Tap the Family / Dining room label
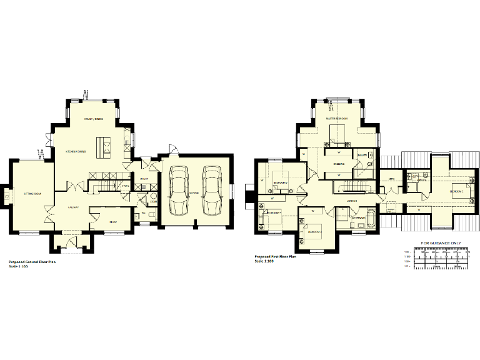coord(94,119)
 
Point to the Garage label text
coord(194,193)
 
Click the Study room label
coord(113,222)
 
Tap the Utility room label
coord(143,179)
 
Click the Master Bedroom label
coord(336,118)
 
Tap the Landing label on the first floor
coord(351,201)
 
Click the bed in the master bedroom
coord(339,132)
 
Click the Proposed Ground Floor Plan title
coord(32,262)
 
